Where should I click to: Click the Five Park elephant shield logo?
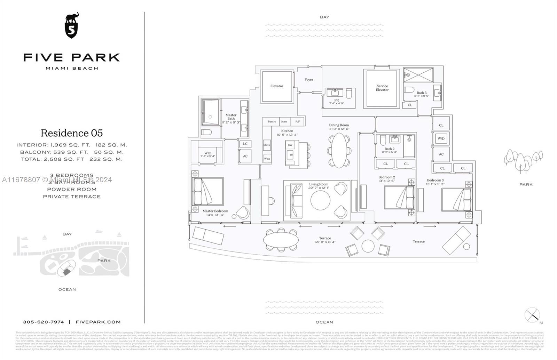72,26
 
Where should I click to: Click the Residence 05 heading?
72,133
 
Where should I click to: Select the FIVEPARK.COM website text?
98,322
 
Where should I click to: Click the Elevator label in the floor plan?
277,86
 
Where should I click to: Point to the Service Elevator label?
382,88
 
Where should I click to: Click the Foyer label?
309,80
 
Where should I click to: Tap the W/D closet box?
441,138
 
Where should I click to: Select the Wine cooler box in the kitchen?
267,159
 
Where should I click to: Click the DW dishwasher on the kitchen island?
290,145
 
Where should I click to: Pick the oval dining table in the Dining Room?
339,151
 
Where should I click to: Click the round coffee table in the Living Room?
320,200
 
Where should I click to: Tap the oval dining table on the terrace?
281,239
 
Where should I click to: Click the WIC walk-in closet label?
208,154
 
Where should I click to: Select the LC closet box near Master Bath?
245,144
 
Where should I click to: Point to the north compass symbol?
532,315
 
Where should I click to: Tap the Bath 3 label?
422,93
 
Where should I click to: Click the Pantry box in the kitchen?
272,121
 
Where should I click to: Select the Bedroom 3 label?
435,180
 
